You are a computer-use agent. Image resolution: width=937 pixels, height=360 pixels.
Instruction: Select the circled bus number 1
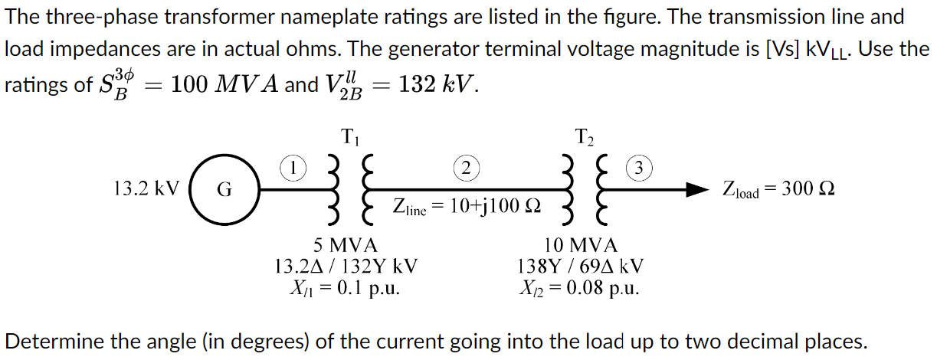tap(293, 166)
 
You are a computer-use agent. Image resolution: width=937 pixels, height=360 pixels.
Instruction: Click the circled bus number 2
tap(466, 166)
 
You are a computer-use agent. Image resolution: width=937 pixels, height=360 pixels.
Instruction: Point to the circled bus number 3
tap(640, 166)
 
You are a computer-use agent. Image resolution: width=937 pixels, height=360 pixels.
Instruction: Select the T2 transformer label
tap(584, 139)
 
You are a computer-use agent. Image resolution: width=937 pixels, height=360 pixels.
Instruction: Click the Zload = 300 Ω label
tap(778, 189)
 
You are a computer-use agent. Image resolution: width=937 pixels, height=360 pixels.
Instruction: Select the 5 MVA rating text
tap(346, 246)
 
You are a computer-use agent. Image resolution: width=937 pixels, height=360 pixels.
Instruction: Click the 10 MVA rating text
tap(580, 246)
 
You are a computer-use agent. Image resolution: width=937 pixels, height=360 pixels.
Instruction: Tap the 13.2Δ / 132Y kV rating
tap(346, 267)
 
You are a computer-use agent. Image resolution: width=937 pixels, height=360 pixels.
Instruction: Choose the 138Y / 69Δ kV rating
tap(580, 267)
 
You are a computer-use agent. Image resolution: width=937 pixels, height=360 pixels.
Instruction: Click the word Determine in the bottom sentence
tap(54, 341)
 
